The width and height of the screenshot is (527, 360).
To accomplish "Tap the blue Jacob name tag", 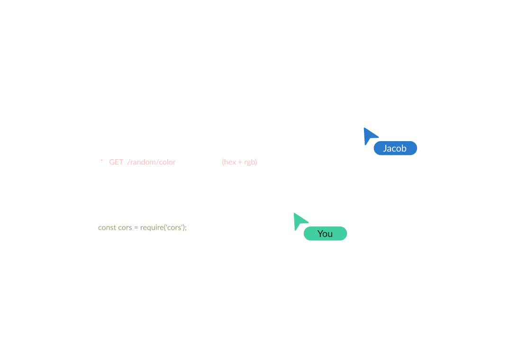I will coord(395,148).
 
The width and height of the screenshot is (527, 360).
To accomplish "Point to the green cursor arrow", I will coord(299,220).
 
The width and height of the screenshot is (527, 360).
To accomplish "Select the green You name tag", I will coord(325,234).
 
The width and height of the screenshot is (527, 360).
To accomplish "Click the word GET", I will coord(116,162).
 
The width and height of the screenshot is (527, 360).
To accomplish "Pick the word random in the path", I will coord(143,162).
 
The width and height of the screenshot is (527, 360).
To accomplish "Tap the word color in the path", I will coord(167,162).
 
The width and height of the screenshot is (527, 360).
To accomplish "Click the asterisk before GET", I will coord(101,162).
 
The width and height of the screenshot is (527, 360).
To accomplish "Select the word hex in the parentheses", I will coord(230,162).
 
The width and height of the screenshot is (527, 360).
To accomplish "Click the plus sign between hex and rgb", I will coord(240,162).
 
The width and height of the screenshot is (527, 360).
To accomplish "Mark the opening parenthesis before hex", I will coord(223,162).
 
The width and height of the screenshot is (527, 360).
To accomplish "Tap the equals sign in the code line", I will coord(136,227).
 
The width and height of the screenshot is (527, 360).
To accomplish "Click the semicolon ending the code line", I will coord(186,228).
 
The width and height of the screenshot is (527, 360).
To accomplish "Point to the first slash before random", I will coord(128,162).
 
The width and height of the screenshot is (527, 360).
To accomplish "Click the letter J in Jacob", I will coord(385,148).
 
